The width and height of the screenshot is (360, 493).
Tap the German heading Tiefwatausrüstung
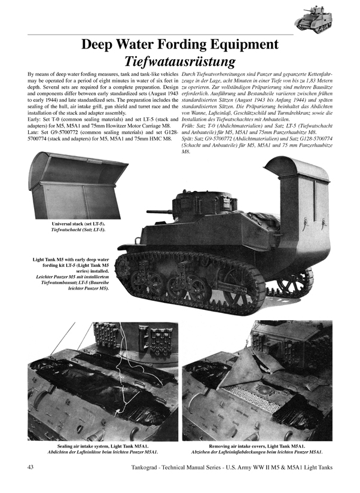[179, 61]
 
